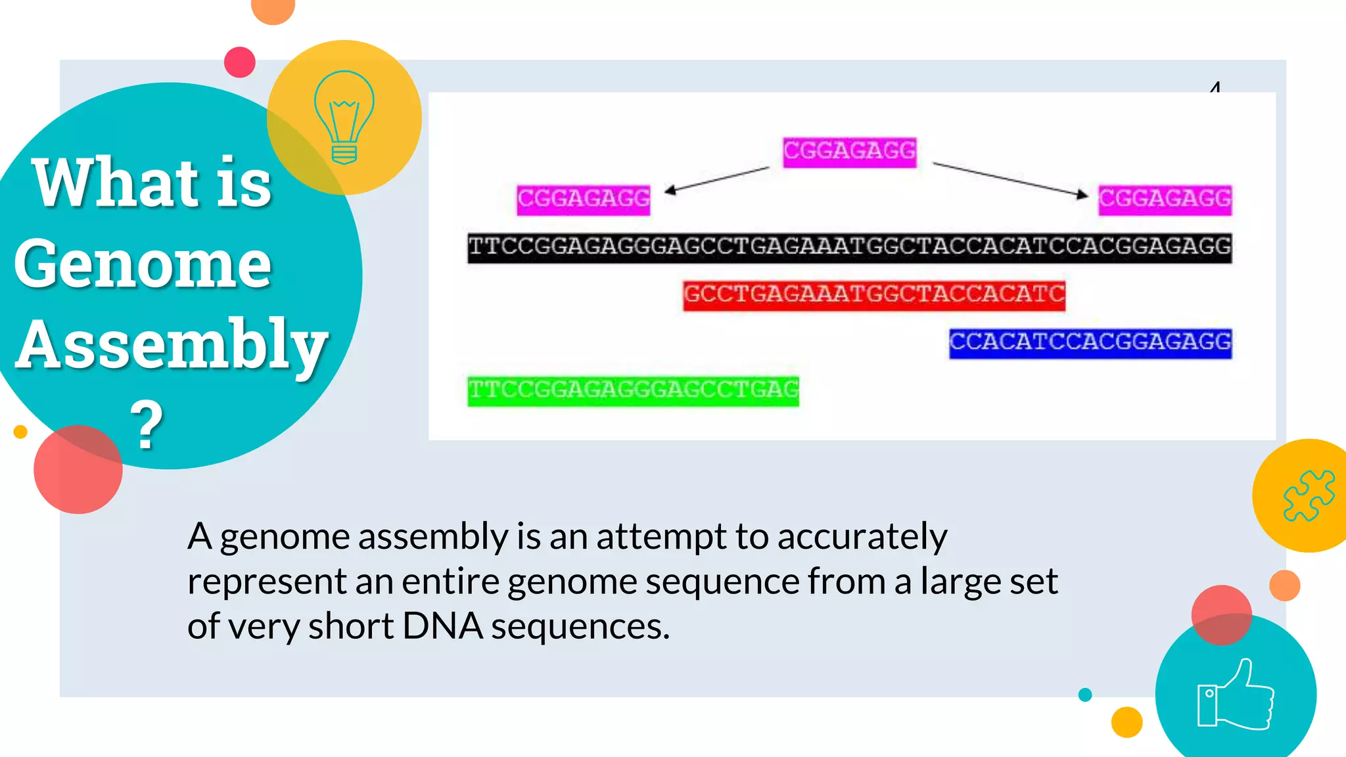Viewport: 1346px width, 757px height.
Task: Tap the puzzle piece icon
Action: [x=1309, y=495]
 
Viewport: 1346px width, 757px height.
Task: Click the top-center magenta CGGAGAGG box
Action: [x=849, y=152]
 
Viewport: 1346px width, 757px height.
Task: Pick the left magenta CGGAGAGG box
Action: [x=583, y=200]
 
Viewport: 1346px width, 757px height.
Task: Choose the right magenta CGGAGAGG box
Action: [x=1165, y=200]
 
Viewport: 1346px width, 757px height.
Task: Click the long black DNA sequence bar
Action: [x=849, y=248]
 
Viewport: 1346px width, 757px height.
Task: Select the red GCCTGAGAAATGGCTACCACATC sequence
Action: [x=873, y=295]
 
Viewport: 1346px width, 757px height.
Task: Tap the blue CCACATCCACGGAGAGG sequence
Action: [x=1090, y=343]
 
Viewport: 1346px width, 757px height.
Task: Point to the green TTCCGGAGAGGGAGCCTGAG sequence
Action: [x=633, y=391]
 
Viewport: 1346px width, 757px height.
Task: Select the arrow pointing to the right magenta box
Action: [x=1011, y=179]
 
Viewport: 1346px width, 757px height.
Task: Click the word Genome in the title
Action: [x=143, y=264]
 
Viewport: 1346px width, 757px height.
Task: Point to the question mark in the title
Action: [x=147, y=425]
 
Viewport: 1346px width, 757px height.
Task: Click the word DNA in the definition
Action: [x=442, y=626]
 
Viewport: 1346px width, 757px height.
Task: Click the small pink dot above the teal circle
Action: [x=240, y=62]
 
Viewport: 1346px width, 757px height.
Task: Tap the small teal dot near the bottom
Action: [x=1085, y=695]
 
